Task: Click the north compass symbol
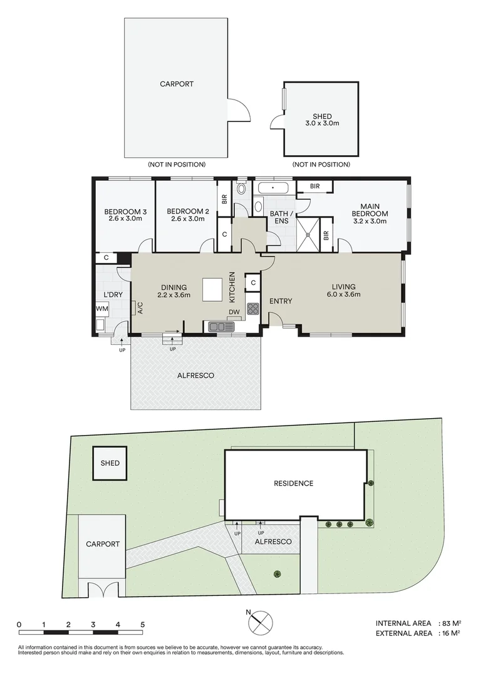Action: (x=261, y=622)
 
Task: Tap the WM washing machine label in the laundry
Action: (x=102, y=309)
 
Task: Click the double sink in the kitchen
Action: (x=221, y=326)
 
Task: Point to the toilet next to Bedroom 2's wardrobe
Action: (x=241, y=189)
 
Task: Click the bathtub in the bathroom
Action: (x=274, y=188)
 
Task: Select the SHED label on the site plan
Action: (x=110, y=463)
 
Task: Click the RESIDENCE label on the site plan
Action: (x=293, y=483)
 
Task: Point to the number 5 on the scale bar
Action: (x=142, y=624)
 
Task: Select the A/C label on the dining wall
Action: (x=140, y=308)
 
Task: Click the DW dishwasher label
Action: (x=234, y=312)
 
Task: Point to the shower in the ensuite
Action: (x=308, y=235)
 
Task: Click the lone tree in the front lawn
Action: (x=277, y=574)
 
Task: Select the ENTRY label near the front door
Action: (x=281, y=301)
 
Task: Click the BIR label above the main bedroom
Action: (x=315, y=187)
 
